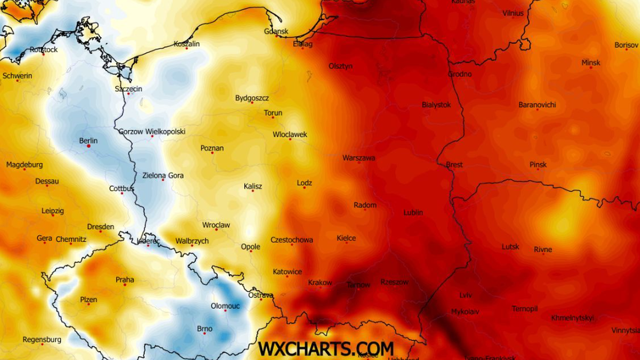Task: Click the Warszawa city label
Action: point(359,158)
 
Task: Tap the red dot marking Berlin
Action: point(89,146)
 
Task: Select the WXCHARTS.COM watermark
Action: point(326,348)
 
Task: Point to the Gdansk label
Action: point(276,31)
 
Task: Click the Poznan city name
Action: point(212,148)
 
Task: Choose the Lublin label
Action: point(413,212)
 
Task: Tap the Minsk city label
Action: point(590,62)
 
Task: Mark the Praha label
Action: point(125,280)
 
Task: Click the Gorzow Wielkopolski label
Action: point(152,131)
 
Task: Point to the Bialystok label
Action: point(436,105)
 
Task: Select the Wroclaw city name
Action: point(216,225)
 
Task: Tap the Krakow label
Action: point(320,283)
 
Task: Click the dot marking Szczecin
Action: point(129,94)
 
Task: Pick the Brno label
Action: point(205,329)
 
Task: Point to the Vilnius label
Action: point(513,13)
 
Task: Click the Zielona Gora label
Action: point(163,175)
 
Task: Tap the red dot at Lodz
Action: point(304,188)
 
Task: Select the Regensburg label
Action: point(42,340)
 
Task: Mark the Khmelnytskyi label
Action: point(572,318)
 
